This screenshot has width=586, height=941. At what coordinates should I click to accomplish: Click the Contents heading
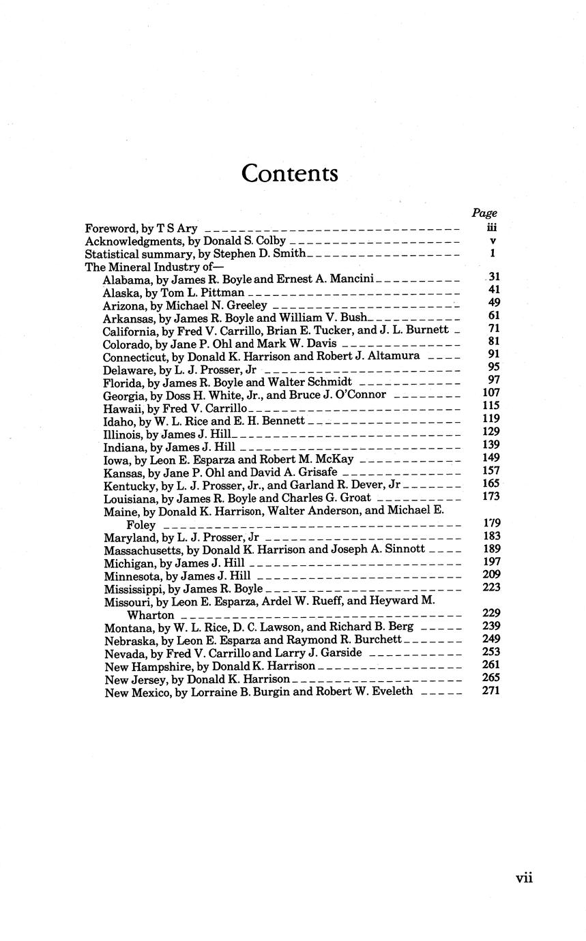[x=290, y=173]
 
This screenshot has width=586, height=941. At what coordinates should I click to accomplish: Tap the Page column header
[x=484, y=213]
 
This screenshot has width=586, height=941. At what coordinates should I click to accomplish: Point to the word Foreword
[x=106, y=228]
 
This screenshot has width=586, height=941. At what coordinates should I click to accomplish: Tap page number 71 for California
[x=495, y=329]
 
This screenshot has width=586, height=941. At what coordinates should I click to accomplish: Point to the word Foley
[x=141, y=525]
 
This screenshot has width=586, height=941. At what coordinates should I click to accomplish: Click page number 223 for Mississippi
[x=490, y=587]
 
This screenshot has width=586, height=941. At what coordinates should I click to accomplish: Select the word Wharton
[x=151, y=615]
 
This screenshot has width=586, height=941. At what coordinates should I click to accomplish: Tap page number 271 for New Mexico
[x=490, y=691]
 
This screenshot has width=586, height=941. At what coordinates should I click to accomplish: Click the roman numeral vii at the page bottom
[x=524, y=878]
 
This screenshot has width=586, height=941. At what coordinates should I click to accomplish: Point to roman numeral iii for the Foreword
[x=492, y=228]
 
